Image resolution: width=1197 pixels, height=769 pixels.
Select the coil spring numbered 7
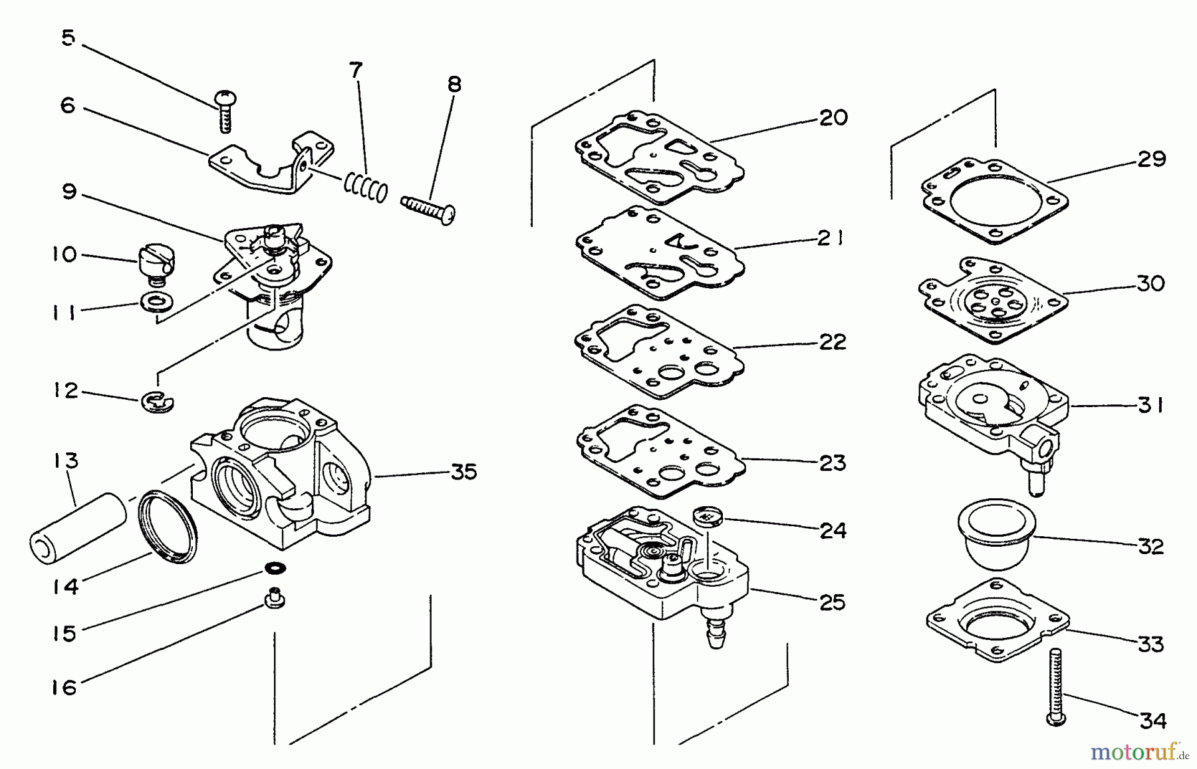[x=365, y=186]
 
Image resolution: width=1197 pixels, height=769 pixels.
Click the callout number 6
[x=68, y=105]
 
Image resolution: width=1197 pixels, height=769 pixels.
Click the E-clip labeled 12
[x=158, y=401]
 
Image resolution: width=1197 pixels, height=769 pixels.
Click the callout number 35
[x=464, y=472]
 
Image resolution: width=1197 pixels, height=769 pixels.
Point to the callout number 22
[x=832, y=342]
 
